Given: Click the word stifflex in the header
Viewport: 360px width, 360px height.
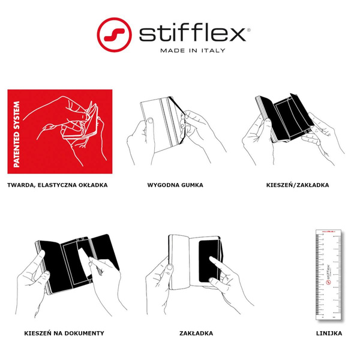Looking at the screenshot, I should coord(192,33).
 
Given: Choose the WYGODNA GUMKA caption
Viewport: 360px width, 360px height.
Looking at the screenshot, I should coord(175,185).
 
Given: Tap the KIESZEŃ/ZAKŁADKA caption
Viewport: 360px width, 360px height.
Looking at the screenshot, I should coord(298,185).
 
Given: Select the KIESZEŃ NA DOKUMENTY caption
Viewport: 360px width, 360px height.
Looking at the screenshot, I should coord(64,333).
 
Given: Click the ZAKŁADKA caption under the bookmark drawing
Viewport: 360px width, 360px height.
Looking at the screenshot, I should coord(196,333).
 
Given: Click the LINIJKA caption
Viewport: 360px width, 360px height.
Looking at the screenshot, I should coord(329,333).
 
